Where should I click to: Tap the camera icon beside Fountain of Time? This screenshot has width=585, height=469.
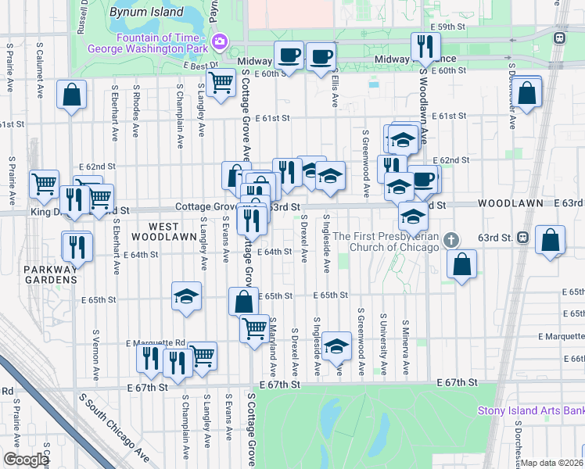221,41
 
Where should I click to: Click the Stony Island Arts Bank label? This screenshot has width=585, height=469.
531,411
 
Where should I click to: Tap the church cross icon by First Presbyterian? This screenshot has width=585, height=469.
450,238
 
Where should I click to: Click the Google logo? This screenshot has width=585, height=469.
26,460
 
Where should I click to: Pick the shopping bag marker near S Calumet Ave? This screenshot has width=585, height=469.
71,95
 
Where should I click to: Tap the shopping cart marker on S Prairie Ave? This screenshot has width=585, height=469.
44,183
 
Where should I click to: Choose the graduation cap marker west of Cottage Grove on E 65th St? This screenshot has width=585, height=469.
186,296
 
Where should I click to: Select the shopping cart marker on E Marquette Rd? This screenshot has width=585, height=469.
203,355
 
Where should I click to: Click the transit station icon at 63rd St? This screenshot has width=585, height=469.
522,237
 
